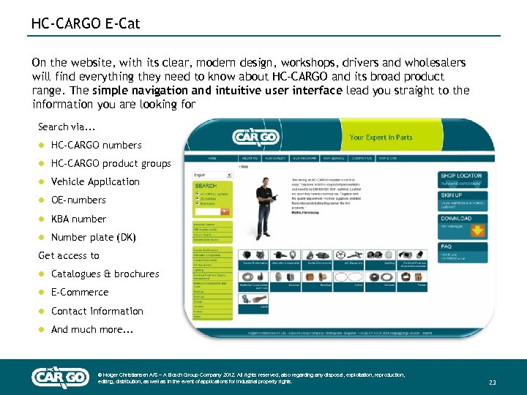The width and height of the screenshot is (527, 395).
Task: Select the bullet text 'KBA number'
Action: point(78,219)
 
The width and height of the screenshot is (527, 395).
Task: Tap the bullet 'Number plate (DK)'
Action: point(93,237)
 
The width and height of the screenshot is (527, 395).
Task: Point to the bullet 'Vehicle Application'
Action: point(95,181)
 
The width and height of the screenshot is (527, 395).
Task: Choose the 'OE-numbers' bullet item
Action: point(78,200)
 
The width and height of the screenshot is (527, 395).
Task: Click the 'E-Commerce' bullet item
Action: point(80,292)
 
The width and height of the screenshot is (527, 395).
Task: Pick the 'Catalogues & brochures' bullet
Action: point(105,274)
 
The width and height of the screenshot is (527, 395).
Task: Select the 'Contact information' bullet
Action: point(97,311)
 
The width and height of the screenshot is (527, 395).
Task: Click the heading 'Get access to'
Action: point(68,255)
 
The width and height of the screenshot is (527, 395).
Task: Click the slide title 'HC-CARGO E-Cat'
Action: point(86,24)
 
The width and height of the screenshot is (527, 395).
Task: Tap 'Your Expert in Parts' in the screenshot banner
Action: point(381,137)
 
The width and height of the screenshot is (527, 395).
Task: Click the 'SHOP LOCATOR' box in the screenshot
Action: point(463,179)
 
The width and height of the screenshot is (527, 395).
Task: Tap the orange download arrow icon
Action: point(478,231)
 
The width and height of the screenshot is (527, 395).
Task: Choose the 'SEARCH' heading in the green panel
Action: point(206,186)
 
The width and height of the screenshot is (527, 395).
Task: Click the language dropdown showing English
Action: point(212,175)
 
